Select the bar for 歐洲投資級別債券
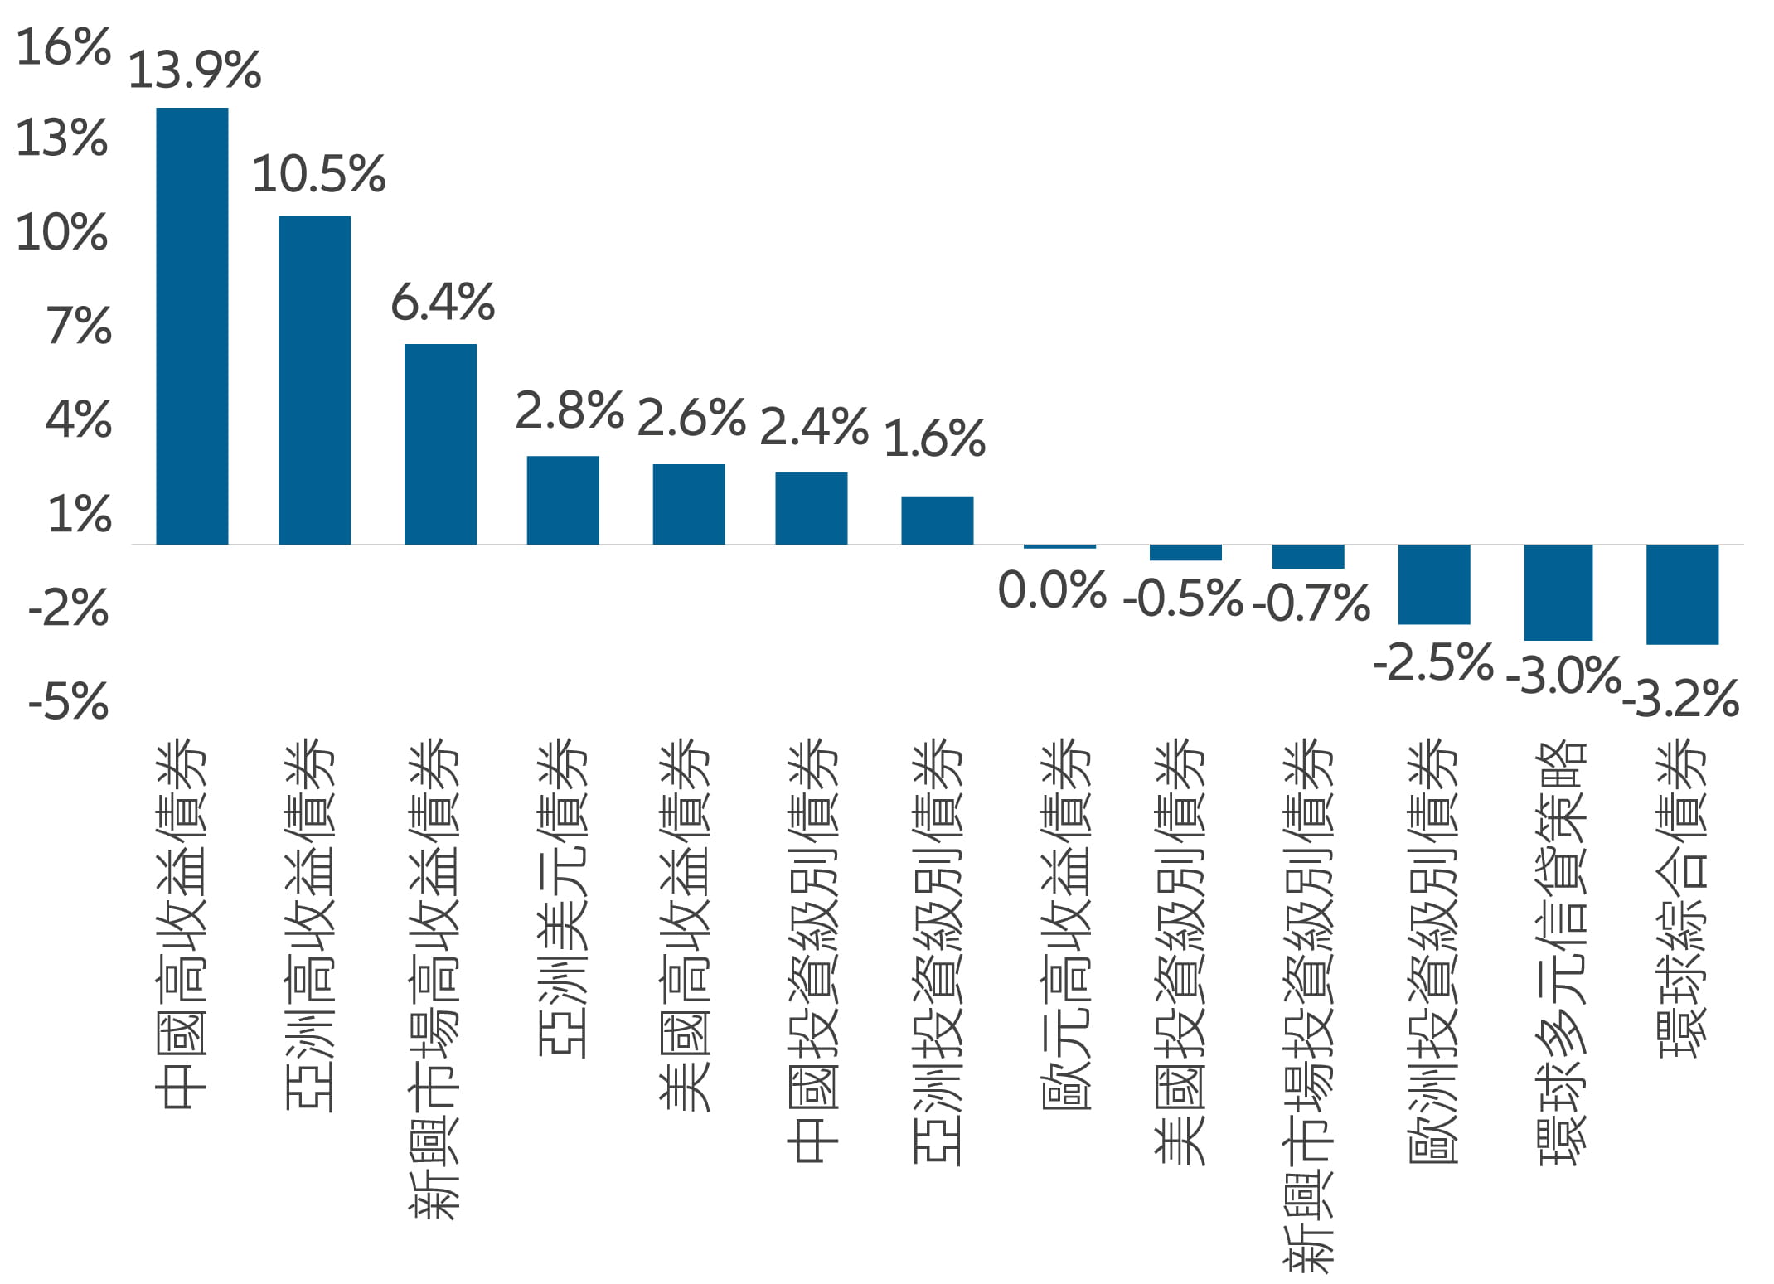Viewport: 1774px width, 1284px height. (1434, 584)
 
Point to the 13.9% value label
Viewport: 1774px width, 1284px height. (195, 70)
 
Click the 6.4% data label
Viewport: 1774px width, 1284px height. (443, 303)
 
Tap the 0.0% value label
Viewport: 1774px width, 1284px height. (1052, 591)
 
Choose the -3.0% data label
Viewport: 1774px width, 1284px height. (1563, 676)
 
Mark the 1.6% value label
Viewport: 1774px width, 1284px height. (934, 438)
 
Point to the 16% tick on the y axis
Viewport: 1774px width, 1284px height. (63, 47)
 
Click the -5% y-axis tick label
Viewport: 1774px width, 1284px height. (69, 702)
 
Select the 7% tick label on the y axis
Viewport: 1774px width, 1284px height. (79, 326)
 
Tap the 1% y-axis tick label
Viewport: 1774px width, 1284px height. (80, 515)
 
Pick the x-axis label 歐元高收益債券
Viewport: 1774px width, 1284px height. (1064, 924)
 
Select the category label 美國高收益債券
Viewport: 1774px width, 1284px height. (685, 924)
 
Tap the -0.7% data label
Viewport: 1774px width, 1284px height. (1311, 603)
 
